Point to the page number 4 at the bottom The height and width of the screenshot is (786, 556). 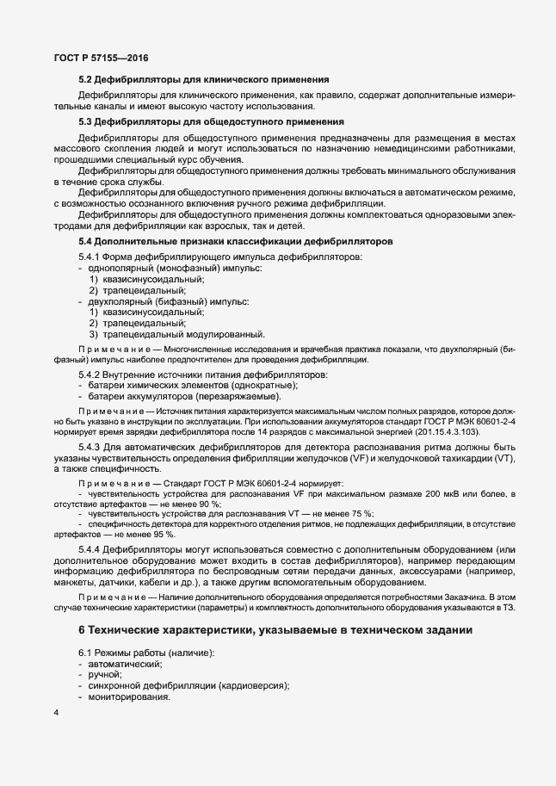[x=56, y=714]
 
